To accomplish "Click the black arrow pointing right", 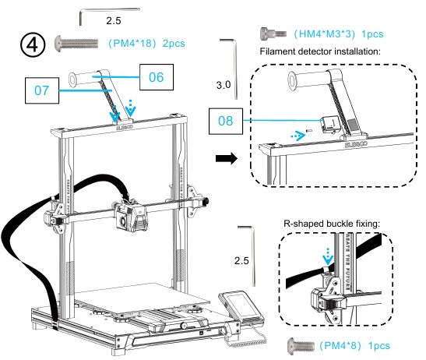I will coord(227,157).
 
